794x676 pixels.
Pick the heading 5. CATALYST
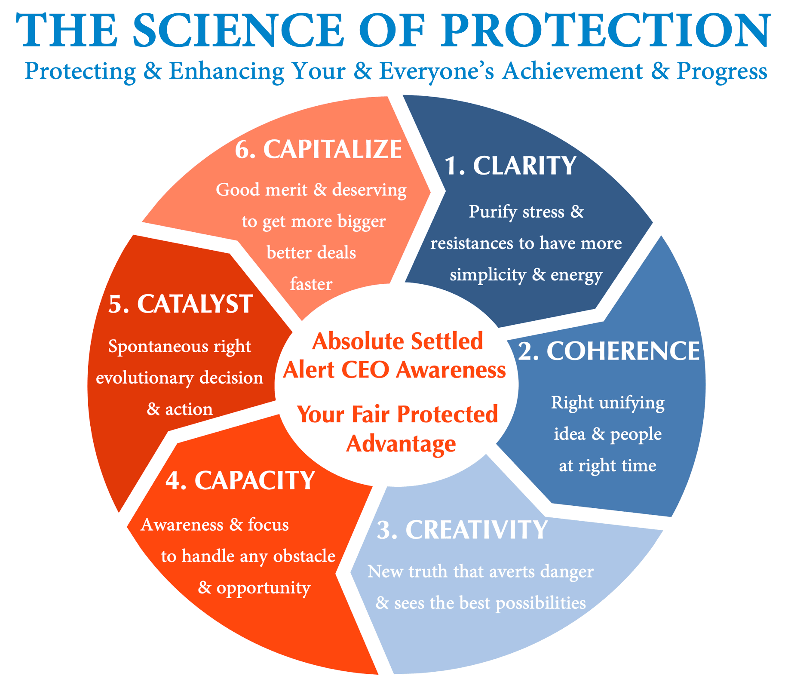(x=181, y=304)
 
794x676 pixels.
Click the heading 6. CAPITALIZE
(x=319, y=149)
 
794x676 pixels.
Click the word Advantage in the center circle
(x=401, y=444)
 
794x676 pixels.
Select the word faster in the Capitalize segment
(x=311, y=284)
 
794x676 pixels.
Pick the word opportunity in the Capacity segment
(x=263, y=588)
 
